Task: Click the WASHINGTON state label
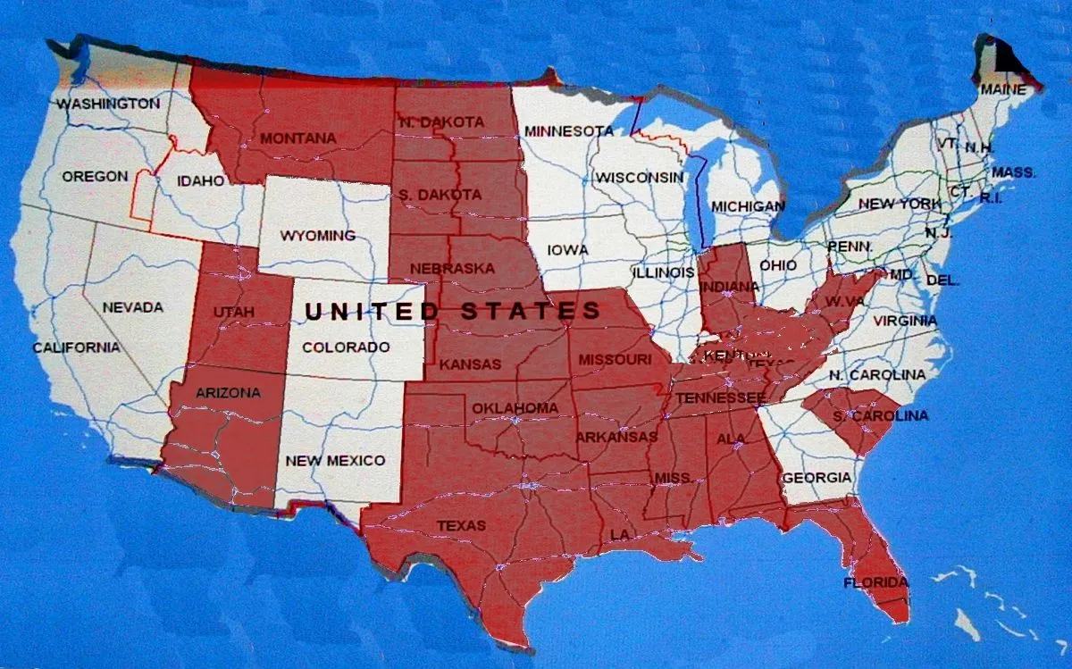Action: coord(108,104)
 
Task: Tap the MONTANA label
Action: coord(297,138)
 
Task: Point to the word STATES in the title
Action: coord(532,311)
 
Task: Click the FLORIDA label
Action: coord(875,583)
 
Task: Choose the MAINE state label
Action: coord(1003,89)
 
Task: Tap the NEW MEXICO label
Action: coord(335,461)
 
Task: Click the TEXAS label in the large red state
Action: coord(461,525)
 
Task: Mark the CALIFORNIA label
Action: coord(76,347)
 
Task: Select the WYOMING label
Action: coord(317,236)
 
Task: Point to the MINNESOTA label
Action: coord(569,131)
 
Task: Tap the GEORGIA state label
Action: coord(817,478)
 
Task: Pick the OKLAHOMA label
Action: coord(515,408)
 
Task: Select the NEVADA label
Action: coord(132,307)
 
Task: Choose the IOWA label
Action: coord(567,250)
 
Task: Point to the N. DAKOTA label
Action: coord(441,121)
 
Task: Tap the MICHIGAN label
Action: coord(748,206)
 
